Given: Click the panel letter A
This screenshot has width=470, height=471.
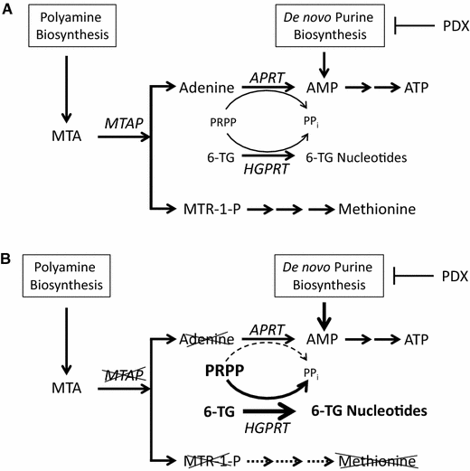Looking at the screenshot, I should [x=8, y=8].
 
